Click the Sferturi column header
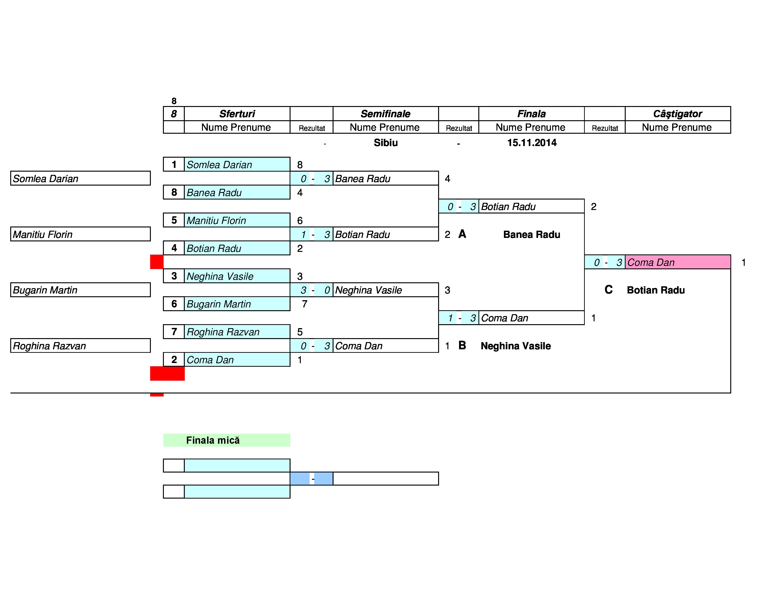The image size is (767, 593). tap(237, 114)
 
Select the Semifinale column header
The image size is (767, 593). tap(385, 114)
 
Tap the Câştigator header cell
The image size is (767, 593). tap(678, 114)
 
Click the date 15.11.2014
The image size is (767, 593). tap(532, 143)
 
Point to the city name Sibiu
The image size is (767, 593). tap(386, 143)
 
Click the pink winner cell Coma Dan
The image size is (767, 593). tap(678, 262)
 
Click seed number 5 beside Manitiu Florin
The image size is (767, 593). tap(174, 220)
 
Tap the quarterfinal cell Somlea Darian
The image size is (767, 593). tap(237, 164)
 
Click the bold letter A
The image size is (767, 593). tap(462, 234)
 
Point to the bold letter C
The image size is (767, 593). tap(609, 290)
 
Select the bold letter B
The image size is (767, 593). tap(462, 345)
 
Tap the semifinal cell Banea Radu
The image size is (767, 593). tap(386, 178)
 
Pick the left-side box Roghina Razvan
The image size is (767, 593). tap(80, 346)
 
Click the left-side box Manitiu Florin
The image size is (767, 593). tap(80, 234)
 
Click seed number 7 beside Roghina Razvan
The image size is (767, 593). tap(174, 332)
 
